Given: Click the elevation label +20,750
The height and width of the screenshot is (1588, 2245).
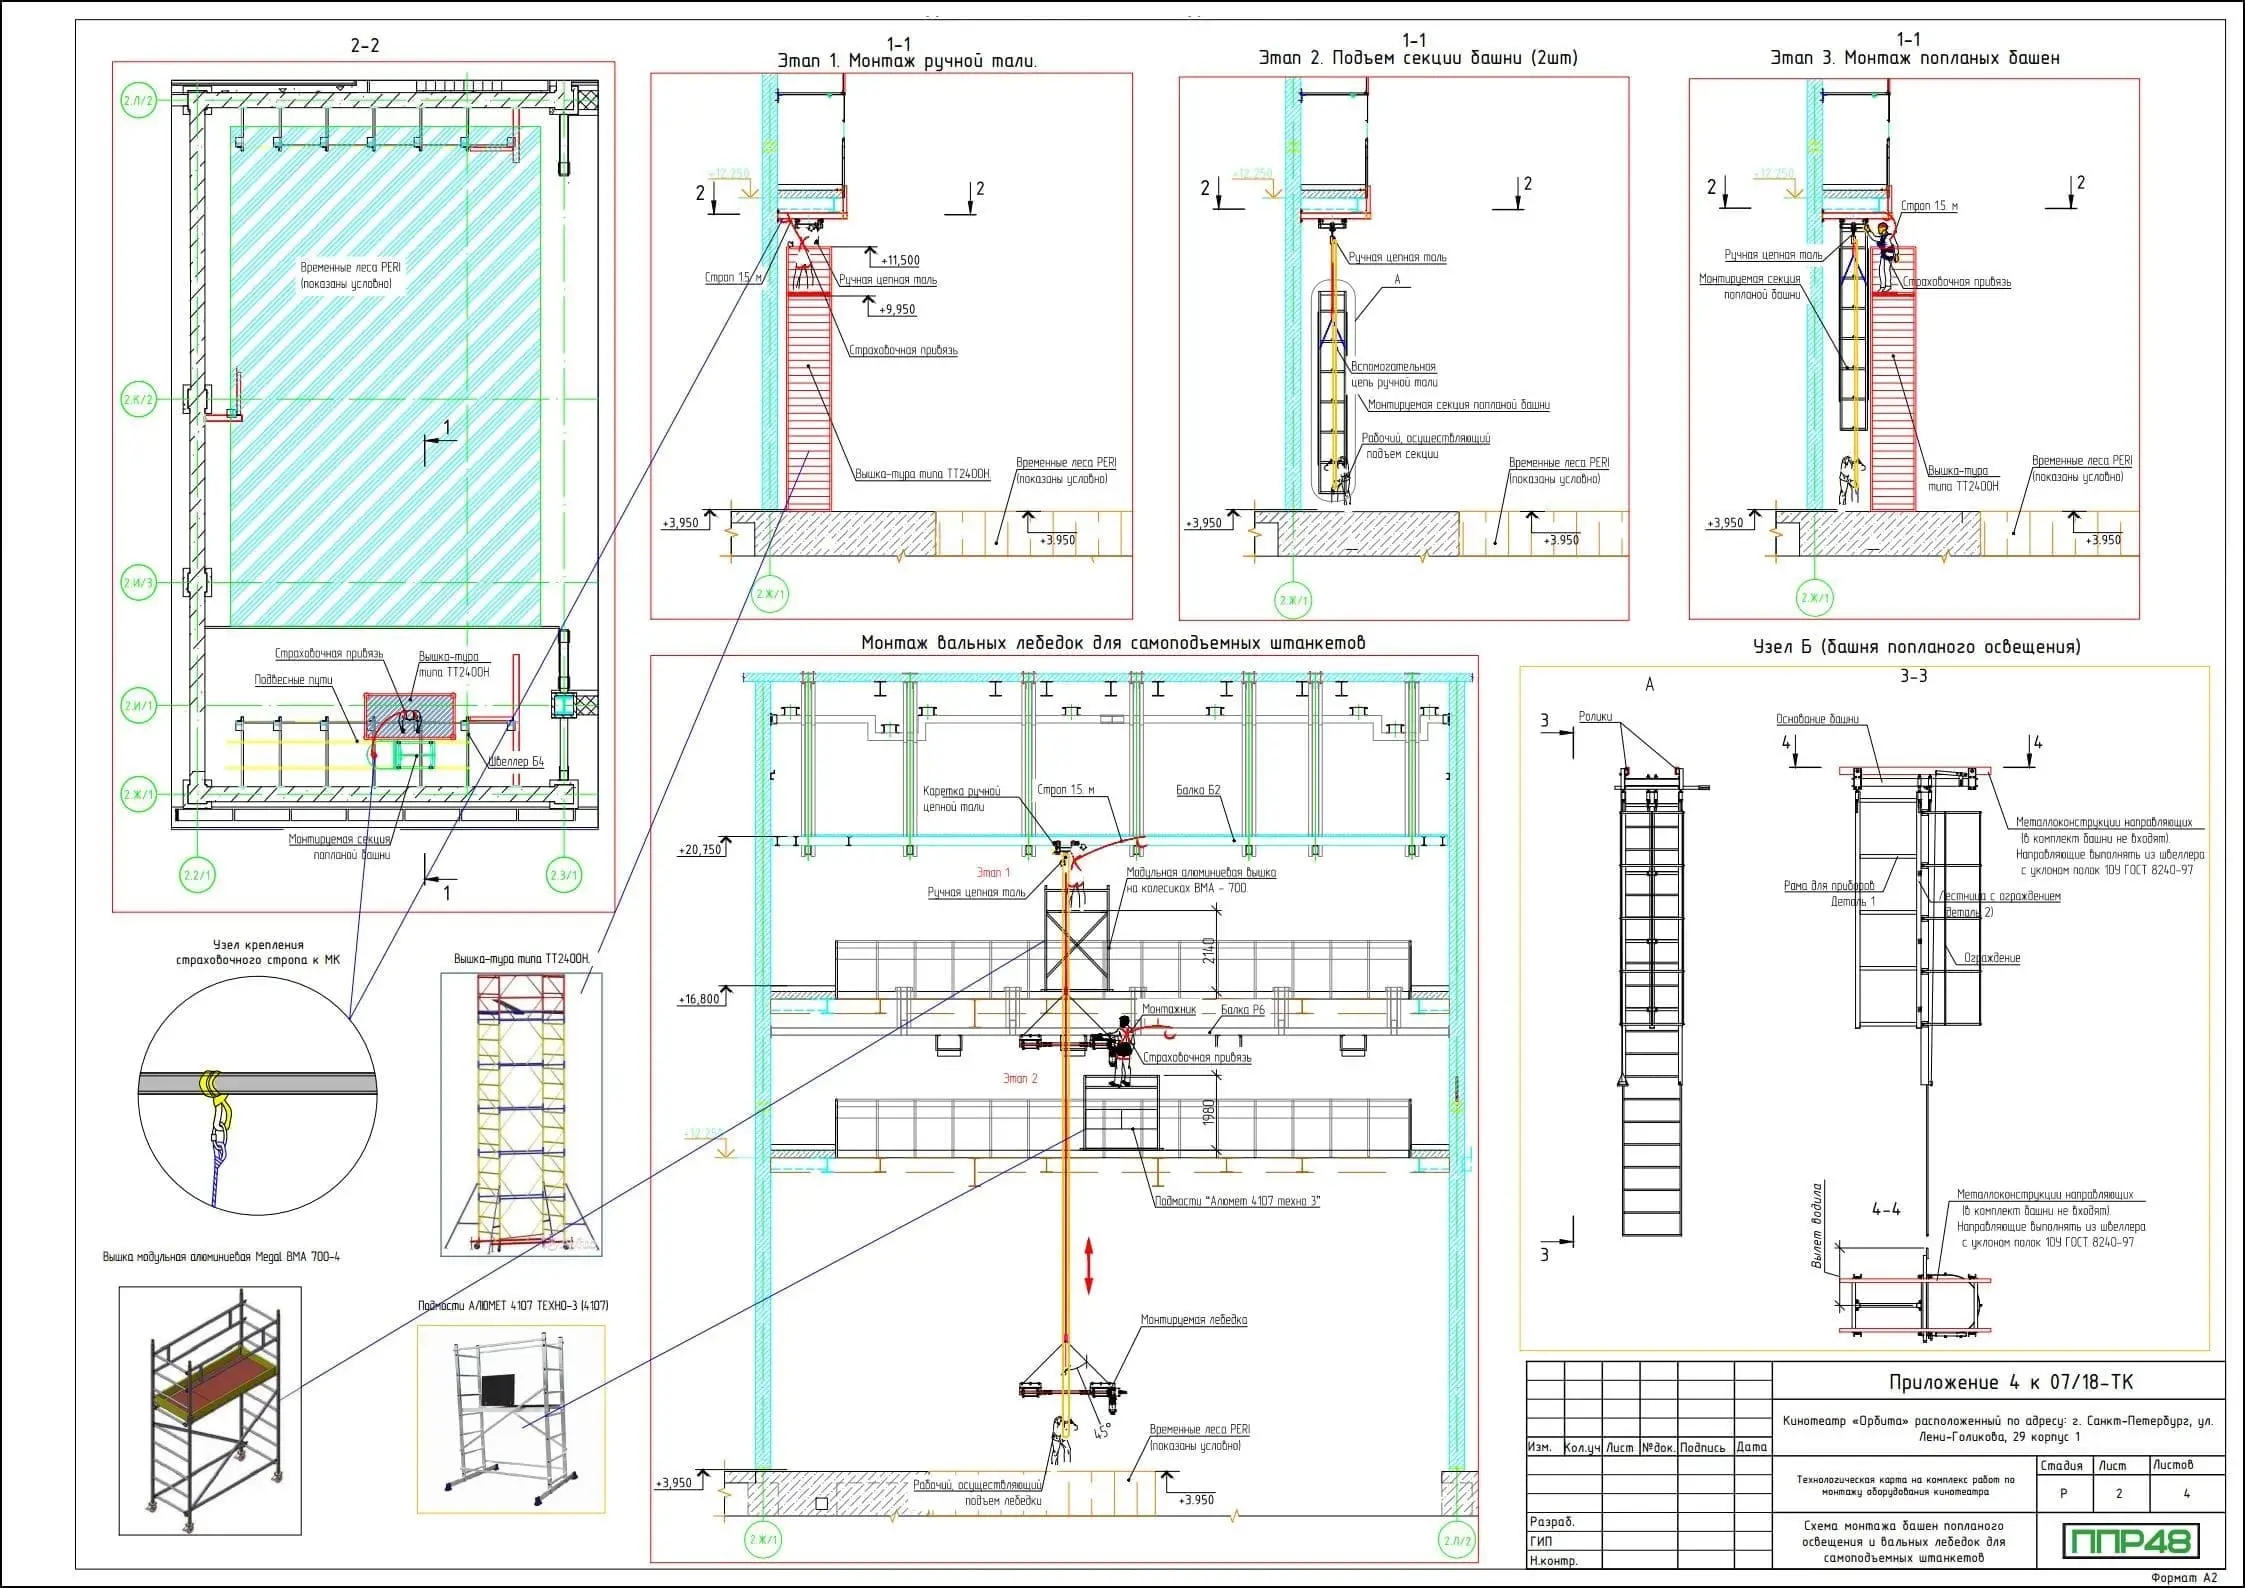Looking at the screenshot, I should [x=700, y=850].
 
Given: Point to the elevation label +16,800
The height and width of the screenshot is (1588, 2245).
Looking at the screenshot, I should [x=700, y=999].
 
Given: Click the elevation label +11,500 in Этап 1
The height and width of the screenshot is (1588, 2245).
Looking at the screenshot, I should [x=900, y=261].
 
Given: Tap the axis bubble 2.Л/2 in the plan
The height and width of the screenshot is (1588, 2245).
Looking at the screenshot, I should [x=138, y=102].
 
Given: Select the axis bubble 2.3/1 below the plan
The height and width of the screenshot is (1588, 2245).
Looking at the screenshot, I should [x=564, y=876].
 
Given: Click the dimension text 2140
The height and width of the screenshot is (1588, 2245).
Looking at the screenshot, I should [x=1210, y=950].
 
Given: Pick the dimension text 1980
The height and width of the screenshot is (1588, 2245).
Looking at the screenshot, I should [x=1210, y=1112].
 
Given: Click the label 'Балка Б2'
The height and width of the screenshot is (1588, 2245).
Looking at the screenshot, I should [x=1198, y=790].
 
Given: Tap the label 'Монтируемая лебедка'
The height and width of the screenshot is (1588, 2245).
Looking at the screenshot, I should [x=1194, y=1320].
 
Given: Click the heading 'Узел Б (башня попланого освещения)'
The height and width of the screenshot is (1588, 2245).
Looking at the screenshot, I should [x=1916, y=647].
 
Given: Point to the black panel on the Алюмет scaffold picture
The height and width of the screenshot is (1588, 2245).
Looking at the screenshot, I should [x=497, y=1389].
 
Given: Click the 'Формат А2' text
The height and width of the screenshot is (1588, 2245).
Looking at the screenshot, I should [x=2182, y=1577].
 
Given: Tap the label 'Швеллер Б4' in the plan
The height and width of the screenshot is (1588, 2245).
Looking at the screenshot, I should [x=516, y=762].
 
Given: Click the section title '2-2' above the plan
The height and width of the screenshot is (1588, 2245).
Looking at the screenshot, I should [x=365, y=46].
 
